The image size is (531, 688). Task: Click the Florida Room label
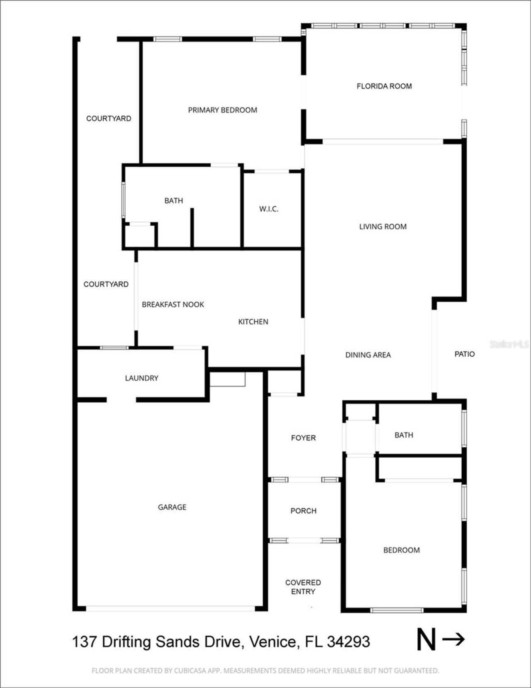384,86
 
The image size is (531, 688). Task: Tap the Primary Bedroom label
222,110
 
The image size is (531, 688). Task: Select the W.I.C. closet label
268,209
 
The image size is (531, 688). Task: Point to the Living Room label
382,227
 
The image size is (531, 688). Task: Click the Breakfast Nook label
173,304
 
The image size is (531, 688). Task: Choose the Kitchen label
253,322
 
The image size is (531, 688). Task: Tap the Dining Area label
368,355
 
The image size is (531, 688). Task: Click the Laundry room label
141,378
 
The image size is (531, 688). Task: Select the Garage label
172,507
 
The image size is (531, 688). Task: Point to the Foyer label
303,438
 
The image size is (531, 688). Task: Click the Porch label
303,511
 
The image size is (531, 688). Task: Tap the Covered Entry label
303,587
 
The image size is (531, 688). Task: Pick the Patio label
464,354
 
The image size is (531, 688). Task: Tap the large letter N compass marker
426,640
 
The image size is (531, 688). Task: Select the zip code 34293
348,642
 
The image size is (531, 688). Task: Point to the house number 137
84,642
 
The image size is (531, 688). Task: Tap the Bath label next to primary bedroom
173,201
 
